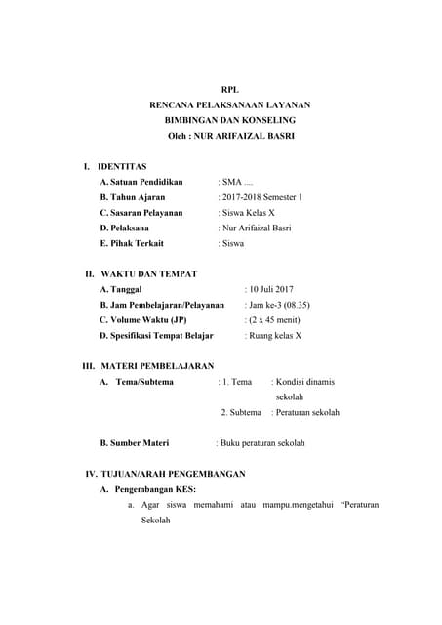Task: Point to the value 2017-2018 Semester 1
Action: tap(261, 197)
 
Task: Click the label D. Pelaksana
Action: tap(131, 228)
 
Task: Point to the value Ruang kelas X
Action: tap(275, 336)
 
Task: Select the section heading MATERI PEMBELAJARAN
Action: tap(157, 366)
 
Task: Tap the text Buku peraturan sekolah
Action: tap(261, 443)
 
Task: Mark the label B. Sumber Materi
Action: tap(134, 443)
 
